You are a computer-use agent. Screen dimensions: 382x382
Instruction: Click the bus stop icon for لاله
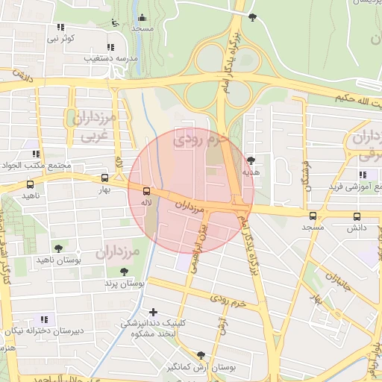pos(145,191)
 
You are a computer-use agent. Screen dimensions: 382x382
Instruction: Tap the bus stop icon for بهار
pos(104,178)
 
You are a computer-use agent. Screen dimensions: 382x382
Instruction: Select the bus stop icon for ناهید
pos(30,184)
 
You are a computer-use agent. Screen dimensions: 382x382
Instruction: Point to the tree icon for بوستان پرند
pos(123,272)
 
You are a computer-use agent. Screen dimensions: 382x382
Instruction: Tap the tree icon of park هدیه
pos(251,160)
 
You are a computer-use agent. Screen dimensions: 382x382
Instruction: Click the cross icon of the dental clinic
pos(154,312)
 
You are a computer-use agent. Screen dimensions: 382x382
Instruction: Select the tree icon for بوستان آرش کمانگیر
pos(199,356)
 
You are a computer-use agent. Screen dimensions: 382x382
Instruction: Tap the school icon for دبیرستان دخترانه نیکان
pos(43,319)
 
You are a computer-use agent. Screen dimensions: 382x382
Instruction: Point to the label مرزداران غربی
pos(93,125)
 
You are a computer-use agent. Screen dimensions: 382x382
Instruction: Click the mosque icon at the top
pos(142,18)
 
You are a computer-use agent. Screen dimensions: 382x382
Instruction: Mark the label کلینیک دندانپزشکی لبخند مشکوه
pos(152,328)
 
